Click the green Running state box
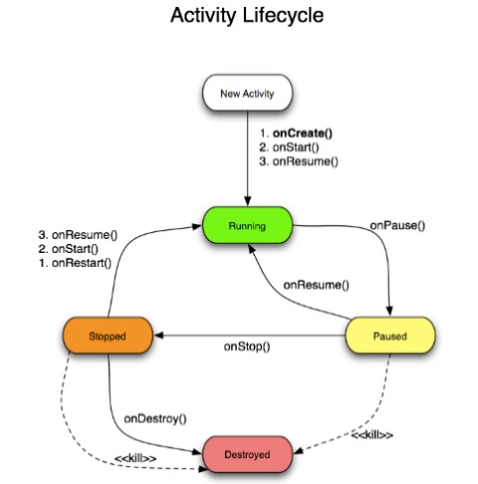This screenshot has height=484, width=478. coord(246,226)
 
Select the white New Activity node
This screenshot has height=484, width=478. coord(246,95)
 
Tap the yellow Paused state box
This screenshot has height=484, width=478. coord(389,335)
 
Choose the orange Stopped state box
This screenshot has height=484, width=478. coord(105,335)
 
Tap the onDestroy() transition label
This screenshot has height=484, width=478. coord(155,417)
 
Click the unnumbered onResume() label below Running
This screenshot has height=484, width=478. coord(315,285)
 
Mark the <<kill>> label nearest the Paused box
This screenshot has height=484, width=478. coord(372,434)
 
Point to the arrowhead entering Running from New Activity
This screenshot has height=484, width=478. coord(246,201)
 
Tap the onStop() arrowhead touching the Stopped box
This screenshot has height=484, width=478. coord(156,335)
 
